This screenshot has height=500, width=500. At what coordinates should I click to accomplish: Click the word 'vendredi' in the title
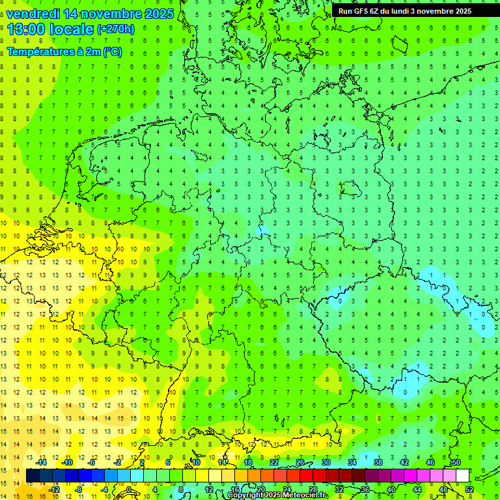click(x=34, y=14)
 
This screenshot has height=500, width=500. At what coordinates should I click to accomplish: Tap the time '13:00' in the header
click(x=28, y=29)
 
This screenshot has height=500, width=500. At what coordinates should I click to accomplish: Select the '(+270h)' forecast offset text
click(x=115, y=29)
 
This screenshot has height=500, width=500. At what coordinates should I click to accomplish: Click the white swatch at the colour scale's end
click(x=462, y=476)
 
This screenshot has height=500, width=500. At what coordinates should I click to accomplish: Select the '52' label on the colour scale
click(x=469, y=490)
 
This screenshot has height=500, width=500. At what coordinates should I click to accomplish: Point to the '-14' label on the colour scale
click(x=42, y=462)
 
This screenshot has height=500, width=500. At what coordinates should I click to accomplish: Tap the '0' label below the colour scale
click(x=130, y=490)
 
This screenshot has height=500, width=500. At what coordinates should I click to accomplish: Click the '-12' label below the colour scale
click(x=54, y=490)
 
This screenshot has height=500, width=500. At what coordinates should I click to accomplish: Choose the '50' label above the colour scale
click(x=456, y=462)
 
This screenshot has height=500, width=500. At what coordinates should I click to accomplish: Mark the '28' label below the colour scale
click(x=312, y=490)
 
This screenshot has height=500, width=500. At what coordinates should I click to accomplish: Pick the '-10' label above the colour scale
click(x=67, y=462)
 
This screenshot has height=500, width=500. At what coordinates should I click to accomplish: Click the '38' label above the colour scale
click(x=378, y=462)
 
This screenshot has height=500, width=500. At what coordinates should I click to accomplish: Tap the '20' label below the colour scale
click(x=260, y=490)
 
